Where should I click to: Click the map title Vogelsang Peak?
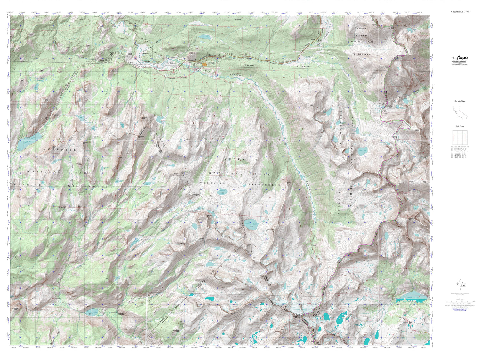pos(460,12)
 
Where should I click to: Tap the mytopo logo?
pos(460,58)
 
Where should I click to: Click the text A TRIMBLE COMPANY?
pos(460,61)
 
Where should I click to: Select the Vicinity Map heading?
pos(460,101)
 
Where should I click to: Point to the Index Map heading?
pos(460,126)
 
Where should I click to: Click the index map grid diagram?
pos(460,138)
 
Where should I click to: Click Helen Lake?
pos(363,151)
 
